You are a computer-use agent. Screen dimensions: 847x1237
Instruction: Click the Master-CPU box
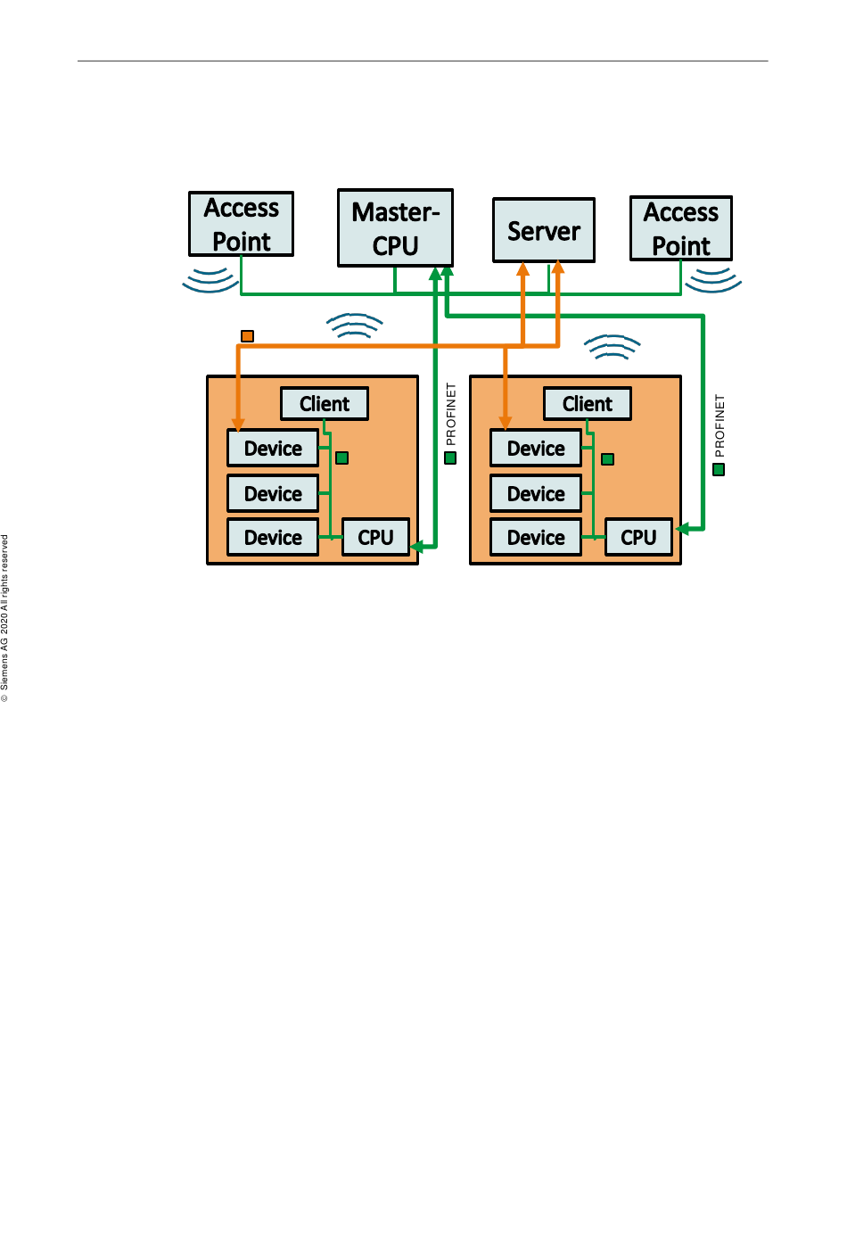(x=395, y=227)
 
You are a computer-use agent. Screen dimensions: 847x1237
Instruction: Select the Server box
(x=544, y=230)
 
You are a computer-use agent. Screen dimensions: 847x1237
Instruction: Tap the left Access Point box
(x=242, y=224)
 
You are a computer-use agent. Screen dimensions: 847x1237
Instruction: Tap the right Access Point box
(x=681, y=228)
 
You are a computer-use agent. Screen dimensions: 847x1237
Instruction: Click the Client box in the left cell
(x=325, y=404)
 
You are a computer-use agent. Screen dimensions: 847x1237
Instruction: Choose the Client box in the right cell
(x=588, y=404)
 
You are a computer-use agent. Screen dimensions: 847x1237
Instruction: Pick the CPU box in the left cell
(x=375, y=537)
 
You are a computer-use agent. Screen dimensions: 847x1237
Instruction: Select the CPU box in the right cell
(x=639, y=537)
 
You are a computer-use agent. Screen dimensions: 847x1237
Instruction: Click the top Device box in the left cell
(x=273, y=448)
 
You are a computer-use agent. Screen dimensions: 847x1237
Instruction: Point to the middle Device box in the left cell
(x=273, y=493)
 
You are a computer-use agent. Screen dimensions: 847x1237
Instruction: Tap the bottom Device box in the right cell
(x=536, y=537)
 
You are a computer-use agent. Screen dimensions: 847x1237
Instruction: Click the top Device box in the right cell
(x=536, y=448)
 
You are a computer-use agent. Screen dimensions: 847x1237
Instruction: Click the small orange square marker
(x=247, y=335)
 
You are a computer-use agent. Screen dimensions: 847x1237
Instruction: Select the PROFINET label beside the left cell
(x=451, y=414)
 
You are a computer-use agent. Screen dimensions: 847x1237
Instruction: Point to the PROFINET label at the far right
(x=719, y=425)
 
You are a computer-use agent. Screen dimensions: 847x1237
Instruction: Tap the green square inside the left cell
(x=341, y=458)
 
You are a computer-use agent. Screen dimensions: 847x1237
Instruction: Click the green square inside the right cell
(x=607, y=459)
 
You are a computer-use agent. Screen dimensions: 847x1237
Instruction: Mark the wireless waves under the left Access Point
(x=210, y=280)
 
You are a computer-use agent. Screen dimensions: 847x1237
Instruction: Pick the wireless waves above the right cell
(x=613, y=346)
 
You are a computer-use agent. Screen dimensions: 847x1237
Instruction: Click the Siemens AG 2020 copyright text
(x=4, y=618)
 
